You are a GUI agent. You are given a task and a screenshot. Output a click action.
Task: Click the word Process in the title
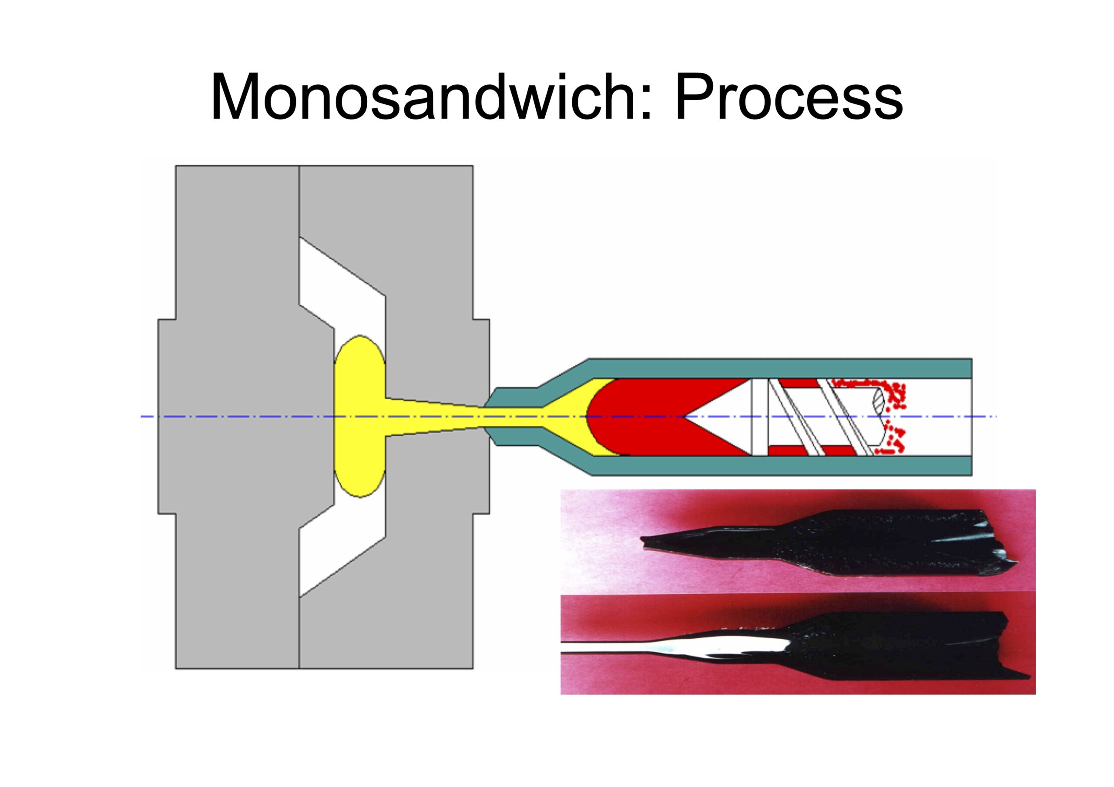pyautogui.click(x=789, y=97)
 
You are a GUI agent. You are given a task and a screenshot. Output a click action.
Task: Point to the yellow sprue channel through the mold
pyautogui.click(x=436, y=416)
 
